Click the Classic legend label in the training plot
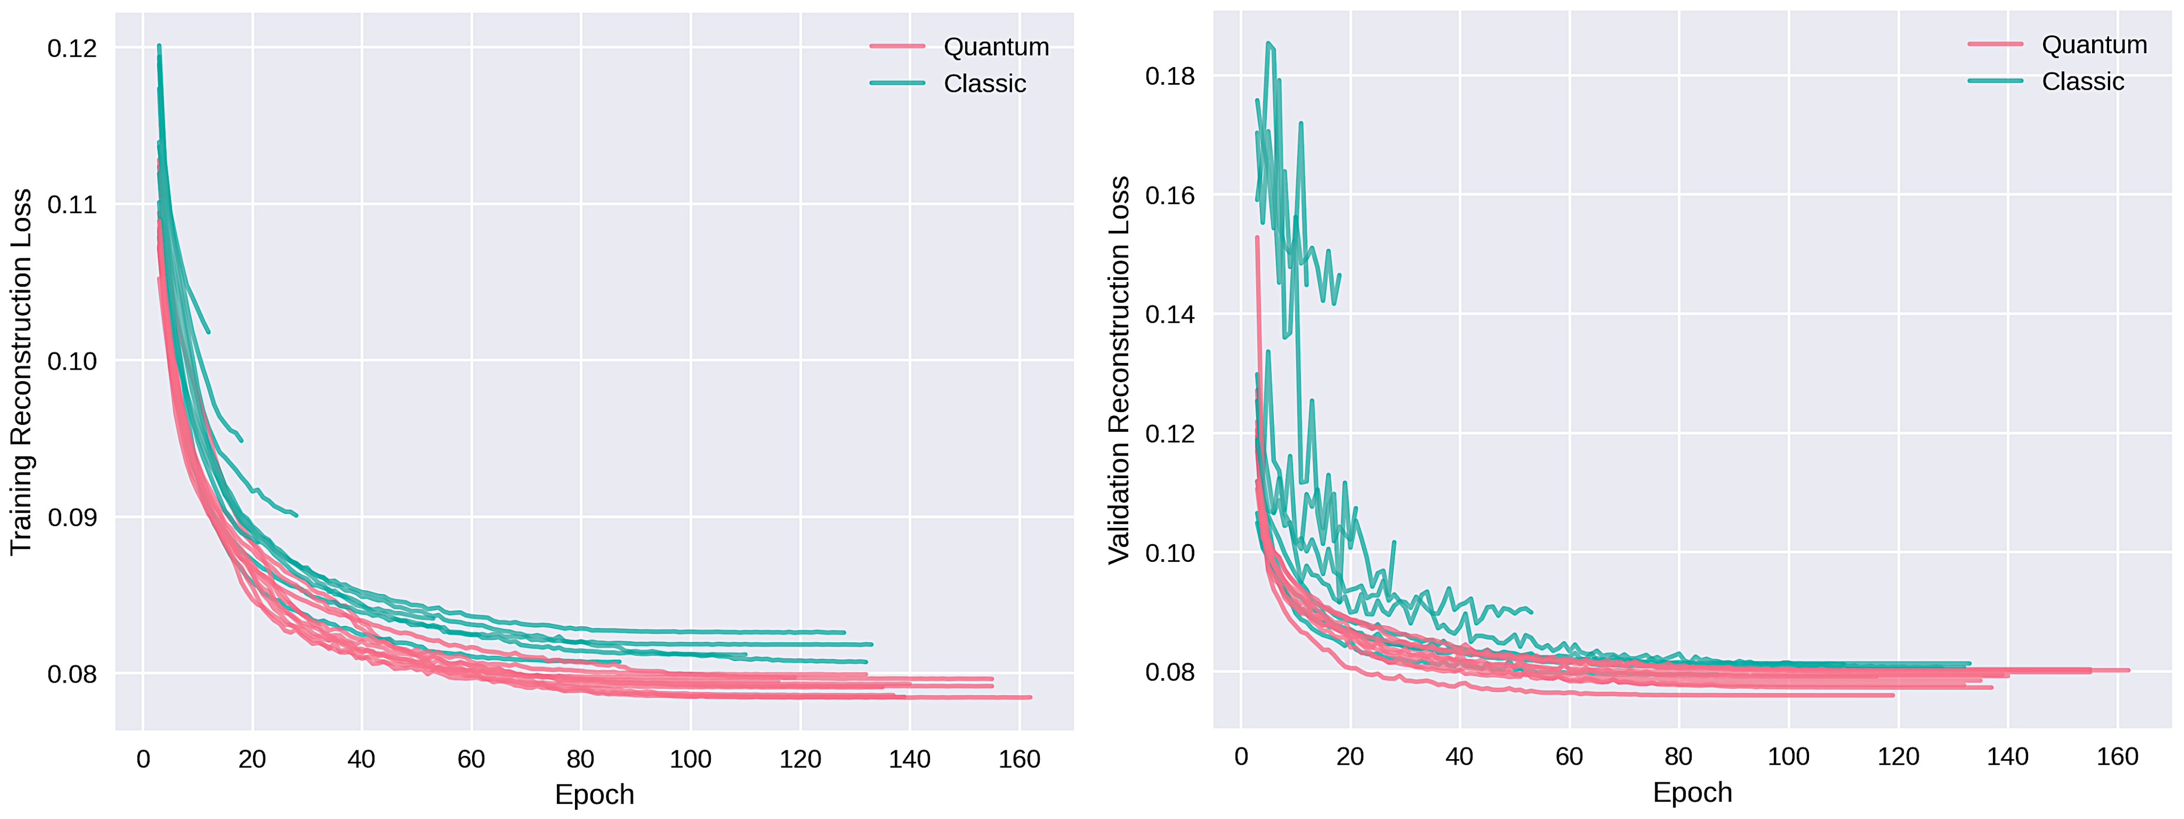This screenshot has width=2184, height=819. [985, 84]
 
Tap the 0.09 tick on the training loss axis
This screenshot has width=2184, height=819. [72, 517]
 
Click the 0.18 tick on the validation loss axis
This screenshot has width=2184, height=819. [1170, 76]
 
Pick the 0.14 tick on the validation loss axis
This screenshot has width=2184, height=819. [1170, 314]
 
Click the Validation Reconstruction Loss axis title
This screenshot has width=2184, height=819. [1119, 370]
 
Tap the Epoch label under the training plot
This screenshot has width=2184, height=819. [595, 794]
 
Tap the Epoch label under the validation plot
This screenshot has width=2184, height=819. [1692, 792]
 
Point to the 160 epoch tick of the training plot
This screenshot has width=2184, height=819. [1019, 759]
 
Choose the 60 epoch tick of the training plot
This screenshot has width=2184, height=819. [472, 759]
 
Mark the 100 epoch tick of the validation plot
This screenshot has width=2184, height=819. [1789, 757]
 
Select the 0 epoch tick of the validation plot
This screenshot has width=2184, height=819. [1241, 757]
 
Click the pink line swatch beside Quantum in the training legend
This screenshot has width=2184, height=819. [897, 46]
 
